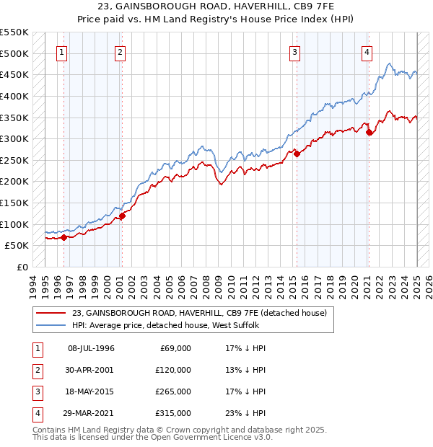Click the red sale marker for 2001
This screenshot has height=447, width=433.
pyautogui.click(x=122, y=215)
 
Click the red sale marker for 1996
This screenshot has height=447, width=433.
pyautogui.click(x=64, y=236)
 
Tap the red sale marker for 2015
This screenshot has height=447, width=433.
pyautogui.click(x=297, y=153)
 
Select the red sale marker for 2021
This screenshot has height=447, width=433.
pyautogui.click(x=369, y=132)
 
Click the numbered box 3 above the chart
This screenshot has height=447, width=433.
pyautogui.click(x=295, y=51)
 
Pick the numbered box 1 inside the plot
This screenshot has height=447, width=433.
pyautogui.click(x=62, y=51)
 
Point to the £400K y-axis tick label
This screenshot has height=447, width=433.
pyautogui.click(x=14, y=96)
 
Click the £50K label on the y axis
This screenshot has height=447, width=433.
pyautogui.click(x=17, y=246)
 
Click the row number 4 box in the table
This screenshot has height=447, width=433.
pyautogui.click(x=38, y=413)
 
